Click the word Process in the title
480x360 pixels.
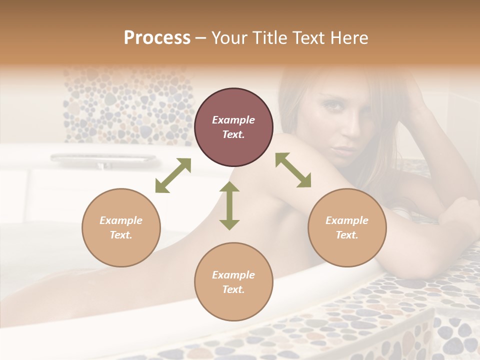point(157,38)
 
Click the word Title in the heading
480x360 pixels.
point(270,38)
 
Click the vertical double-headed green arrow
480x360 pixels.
point(229,206)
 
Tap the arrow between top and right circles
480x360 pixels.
point(293,170)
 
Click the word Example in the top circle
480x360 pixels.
point(233,120)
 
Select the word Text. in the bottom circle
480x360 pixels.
point(233,289)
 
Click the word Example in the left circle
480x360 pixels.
point(121,220)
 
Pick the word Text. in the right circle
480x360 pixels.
point(347,235)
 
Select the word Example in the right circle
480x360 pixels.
point(347,220)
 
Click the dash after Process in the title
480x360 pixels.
point(201,38)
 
